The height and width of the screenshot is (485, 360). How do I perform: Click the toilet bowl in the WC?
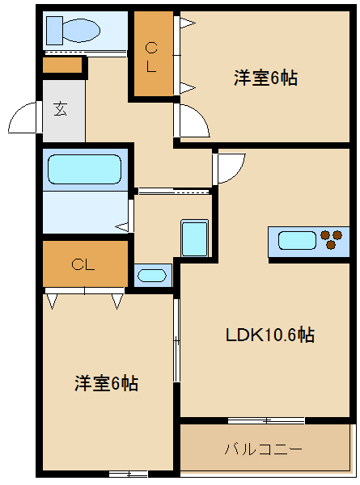tap(82, 31)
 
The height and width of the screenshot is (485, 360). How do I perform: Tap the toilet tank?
tap(54, 31)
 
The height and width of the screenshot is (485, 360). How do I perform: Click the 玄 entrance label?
tap(61, 109)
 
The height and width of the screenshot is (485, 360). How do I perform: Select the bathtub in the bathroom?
tap(84, 169)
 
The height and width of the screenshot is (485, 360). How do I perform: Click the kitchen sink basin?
tap(297, 240)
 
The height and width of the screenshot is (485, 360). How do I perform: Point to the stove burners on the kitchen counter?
tap(331, 239)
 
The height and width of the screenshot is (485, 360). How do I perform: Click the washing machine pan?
tap(194, 238)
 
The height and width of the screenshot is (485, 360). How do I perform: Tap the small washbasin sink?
tap(151, 276)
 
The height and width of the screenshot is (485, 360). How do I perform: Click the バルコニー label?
tap(263, 449)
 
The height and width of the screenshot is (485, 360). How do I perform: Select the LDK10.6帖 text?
tap(270, 335)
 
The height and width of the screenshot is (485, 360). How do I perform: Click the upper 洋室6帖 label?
tap(265, 78)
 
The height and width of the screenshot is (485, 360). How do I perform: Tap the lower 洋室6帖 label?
tap(106, 383)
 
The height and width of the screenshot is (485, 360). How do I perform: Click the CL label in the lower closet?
tap(83, 265)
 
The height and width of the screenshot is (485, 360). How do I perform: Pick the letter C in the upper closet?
tap(151, 48)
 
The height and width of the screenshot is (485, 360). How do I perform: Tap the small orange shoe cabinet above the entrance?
tap(62, 65)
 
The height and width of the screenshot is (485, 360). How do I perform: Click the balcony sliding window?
tap(266, 420)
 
